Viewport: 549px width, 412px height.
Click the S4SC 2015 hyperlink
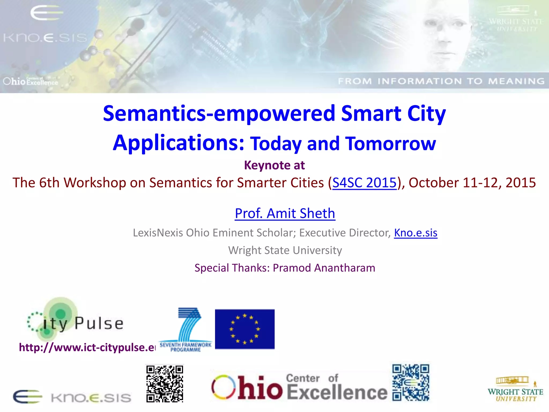[364, 183]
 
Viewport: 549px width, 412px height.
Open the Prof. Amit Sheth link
[285, 214]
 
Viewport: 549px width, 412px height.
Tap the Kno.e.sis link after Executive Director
[416, 233]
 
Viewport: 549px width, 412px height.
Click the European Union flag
[245, 329]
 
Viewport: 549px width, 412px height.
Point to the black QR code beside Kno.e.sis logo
[165, 384]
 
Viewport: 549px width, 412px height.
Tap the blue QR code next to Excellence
[411, 382]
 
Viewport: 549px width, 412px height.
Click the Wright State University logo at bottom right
[515, 389]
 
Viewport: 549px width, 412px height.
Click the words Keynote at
[274, 165]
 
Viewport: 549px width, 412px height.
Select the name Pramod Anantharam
[324, 268]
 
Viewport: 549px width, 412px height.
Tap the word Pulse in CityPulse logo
[99, 323]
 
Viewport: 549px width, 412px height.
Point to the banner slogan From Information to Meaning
[441, 81]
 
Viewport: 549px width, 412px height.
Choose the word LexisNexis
[158, 233]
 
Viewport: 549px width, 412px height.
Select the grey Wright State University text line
[285, 250]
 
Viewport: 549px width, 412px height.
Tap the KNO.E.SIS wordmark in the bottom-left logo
[91, 398]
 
